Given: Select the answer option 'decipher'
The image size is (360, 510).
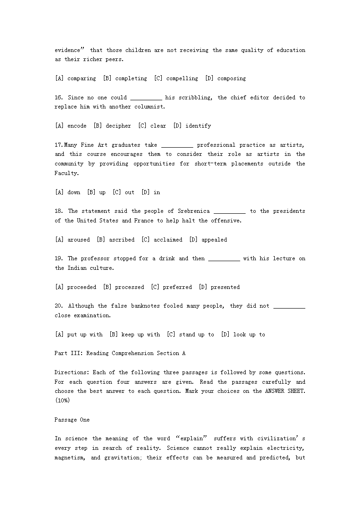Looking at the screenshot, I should (x=118, y=126).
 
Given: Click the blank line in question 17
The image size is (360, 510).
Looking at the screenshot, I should (x=177, y=145).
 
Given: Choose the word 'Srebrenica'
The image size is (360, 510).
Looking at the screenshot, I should (x=193, y=211).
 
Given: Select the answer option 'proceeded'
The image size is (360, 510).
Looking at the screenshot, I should (x=82, y=287).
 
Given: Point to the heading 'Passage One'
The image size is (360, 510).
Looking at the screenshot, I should (x=72, y=420).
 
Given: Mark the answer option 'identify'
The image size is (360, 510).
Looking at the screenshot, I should (x=198, y=126).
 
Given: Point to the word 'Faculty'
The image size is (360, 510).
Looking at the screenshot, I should (x=66, y=173).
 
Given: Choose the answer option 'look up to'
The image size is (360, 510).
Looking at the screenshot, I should (x=249, y=335).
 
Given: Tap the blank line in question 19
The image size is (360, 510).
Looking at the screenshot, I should (x=224, y=259).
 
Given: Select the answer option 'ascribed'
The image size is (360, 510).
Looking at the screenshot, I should (x=122, y=240).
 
